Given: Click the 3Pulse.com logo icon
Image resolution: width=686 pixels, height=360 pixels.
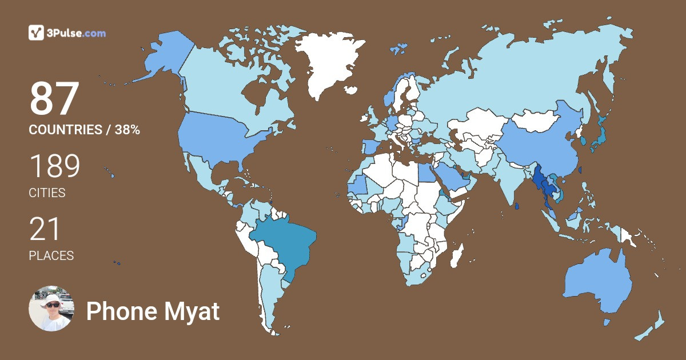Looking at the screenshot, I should coord(36,33).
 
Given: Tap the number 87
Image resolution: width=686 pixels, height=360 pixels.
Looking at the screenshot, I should coord(54,99).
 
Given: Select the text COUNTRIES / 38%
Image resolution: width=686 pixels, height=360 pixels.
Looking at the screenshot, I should coord(84,130).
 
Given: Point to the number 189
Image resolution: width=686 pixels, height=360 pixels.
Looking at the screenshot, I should coord(54,166).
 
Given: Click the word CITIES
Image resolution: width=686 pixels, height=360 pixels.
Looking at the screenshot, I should coord(47,193).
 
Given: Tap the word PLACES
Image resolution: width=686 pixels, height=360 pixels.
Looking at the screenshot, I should coord(51,256).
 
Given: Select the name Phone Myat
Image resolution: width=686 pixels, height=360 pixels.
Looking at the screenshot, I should coord(153,312).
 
